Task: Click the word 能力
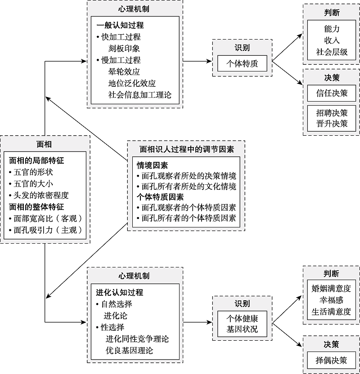(332, 29)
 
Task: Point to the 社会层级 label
(332, 52)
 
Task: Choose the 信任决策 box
(332, 93)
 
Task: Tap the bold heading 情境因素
(153, 165)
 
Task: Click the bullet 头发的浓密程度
(41, 196)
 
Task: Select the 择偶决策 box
(332, 360)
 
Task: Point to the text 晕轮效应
(124, 71)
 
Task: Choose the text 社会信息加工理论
(139, 95)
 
